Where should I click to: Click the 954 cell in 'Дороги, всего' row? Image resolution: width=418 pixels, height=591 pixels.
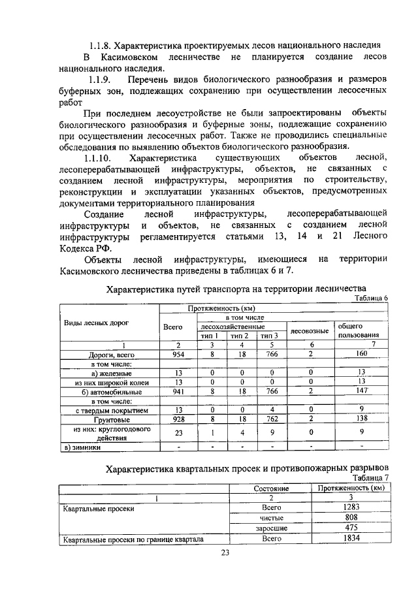[x=178, y=354]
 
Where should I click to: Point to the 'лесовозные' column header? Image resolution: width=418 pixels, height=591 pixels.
[x=310, y=330]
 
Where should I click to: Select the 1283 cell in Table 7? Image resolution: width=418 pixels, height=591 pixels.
[x=352, y=506]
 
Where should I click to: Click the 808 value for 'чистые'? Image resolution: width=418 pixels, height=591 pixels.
[x=352, y=517]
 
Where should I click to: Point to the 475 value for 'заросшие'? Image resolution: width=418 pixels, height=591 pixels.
[x=352, y=528]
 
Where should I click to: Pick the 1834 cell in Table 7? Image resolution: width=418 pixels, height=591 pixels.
[x=352, y=539]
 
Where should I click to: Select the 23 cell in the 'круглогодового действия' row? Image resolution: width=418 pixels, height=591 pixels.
[x=178, y=432]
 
